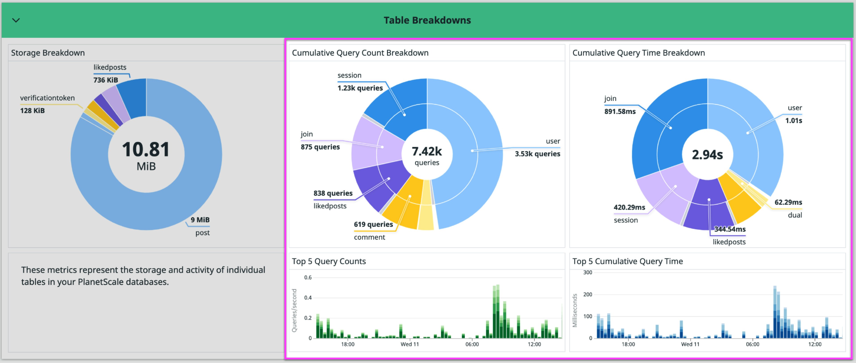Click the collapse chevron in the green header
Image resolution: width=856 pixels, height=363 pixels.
click(16, 20)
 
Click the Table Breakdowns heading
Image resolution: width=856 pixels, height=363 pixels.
click(427, 20)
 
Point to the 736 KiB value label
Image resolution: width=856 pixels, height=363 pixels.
click(105, 80)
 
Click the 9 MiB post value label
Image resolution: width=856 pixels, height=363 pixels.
click(200, 220)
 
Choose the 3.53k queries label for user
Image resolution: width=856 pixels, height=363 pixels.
click(537, 154)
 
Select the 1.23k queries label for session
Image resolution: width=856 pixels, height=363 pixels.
click(360, 88)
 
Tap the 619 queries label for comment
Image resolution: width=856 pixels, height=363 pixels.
click(373, 224)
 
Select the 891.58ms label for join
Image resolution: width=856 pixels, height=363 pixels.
click(620, 111)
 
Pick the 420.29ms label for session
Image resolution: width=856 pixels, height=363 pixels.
click(629, 207)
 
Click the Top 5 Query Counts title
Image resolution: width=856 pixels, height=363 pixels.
click(329, 261)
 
